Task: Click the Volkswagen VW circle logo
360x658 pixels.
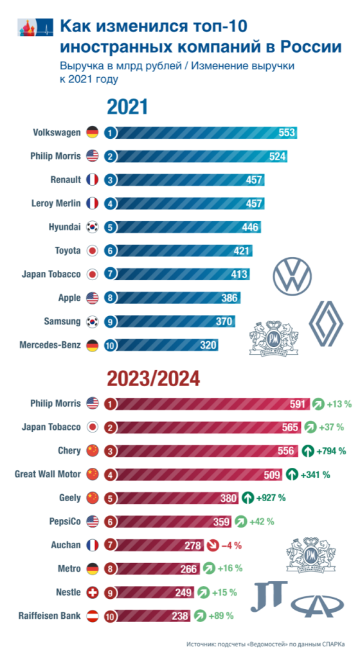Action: (292, 276)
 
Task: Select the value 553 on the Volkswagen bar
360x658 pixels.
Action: (287, 132)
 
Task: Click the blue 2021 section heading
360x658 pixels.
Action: (127, 107)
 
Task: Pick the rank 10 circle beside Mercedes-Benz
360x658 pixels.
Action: (110, 345)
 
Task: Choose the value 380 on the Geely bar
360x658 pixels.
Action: (227, 498)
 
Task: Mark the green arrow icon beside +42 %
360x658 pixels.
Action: (240, 521)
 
